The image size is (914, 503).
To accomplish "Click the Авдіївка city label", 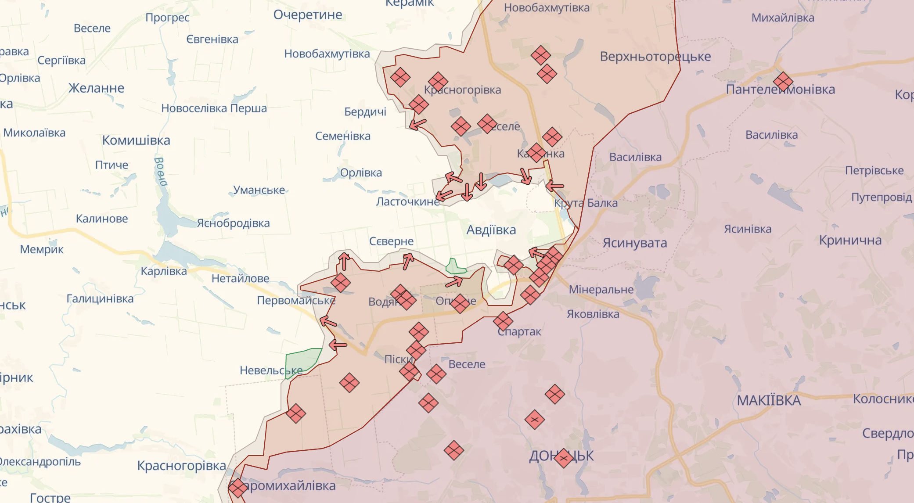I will coord(491,230).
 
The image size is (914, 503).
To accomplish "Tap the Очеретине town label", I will coord(308,15).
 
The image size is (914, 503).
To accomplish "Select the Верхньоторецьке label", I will coord(655,57).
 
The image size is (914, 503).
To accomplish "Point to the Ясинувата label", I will coord(634,243).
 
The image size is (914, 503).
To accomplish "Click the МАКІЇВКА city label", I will coord(768,400).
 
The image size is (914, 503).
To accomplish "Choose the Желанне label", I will coord(96,88).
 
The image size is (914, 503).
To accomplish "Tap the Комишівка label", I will coord(136,140).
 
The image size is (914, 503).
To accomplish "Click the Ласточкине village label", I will coord(407,202).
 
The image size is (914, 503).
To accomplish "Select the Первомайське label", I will coord(296,301).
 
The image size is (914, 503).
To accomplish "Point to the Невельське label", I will coord(270,370).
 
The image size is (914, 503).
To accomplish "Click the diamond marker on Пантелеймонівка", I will coord(783,82).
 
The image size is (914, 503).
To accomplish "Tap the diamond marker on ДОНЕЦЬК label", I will coord(563,458).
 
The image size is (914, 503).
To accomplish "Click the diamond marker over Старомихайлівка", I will coord(238,488).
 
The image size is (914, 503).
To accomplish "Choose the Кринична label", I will coord(850,241).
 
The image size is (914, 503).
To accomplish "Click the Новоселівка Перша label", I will coord(214,108).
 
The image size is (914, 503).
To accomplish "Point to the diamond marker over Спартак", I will coord(503,322).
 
